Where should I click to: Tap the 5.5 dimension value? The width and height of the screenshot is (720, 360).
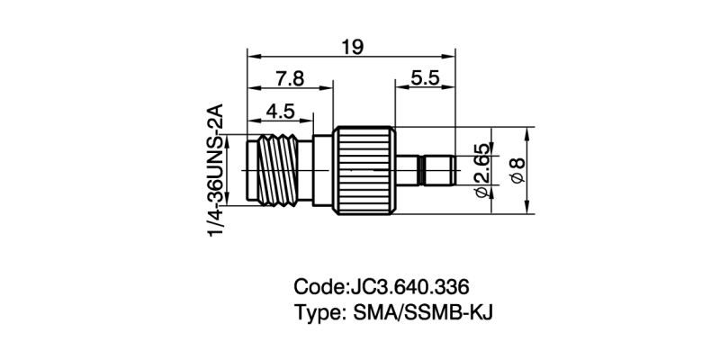423,79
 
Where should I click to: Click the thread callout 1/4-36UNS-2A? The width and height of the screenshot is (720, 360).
216,170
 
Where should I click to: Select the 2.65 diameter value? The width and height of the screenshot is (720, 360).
481,171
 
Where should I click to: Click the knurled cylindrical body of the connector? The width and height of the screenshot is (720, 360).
364,171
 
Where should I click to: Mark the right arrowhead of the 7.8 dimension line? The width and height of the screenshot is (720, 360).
329,91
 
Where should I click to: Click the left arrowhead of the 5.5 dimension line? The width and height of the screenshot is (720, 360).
399,91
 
